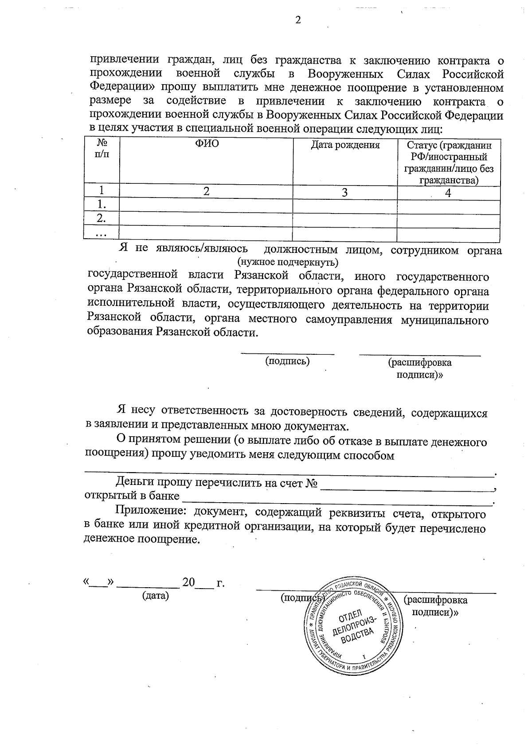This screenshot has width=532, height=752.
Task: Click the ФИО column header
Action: click(206, 145)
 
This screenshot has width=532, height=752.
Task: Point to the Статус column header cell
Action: click(448, 163)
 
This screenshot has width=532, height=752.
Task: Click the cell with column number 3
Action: click(344, 192)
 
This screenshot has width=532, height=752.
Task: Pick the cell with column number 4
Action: click(448, 193)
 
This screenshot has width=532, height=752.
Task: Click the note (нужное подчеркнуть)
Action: click(288, 262)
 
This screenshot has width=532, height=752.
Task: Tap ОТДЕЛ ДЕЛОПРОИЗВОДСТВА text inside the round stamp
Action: click(353, 625)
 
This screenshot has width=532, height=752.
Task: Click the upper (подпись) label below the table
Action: click(287, 361)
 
